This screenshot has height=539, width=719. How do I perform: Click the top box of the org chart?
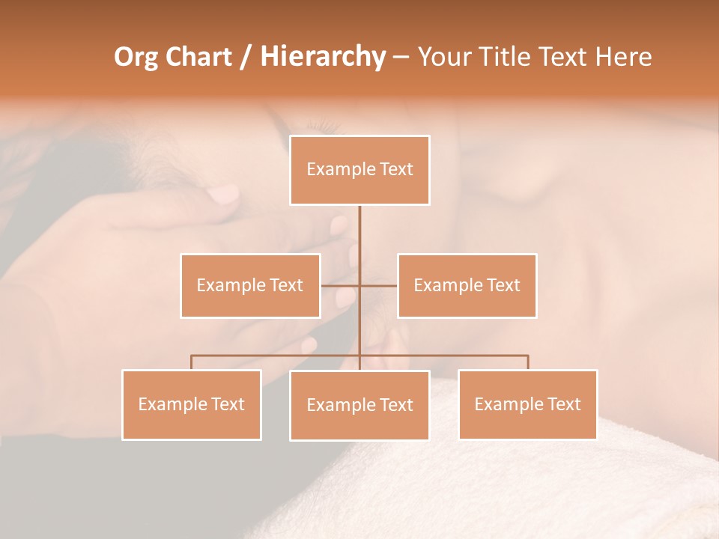[x=359, y=170]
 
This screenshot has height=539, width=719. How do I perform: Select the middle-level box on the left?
[x=250, y=285]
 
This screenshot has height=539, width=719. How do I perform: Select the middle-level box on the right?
[x=467, y=285]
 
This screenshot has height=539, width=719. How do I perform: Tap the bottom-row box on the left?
[x=192, y=404]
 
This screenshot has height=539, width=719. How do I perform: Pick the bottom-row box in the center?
[x=359, y=405]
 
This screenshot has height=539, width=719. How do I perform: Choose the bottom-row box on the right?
[x=527, y=404]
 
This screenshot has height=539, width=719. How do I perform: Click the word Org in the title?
[x=136, y=57]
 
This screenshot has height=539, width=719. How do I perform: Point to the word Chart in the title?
[x=199, y=57]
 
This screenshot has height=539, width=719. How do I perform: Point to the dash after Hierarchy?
[x=401, y=58]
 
